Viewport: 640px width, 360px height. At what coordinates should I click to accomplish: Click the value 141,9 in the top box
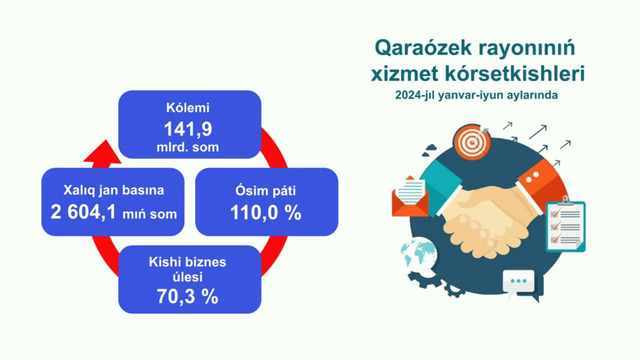click(189, 127)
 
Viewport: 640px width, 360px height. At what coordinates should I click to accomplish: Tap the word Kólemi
click(189, 107)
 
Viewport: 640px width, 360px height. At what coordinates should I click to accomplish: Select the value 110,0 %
click(249, 212)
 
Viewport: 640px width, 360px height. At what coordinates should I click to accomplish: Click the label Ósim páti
click(249, 190)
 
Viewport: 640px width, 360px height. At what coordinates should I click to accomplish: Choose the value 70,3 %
click(189, 297)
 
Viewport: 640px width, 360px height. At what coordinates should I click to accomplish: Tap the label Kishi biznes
click(189, 262)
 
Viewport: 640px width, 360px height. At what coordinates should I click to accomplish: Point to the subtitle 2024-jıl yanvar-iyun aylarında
click(475, 95)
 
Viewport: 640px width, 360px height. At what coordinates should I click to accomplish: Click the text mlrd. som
click(189, 147)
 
